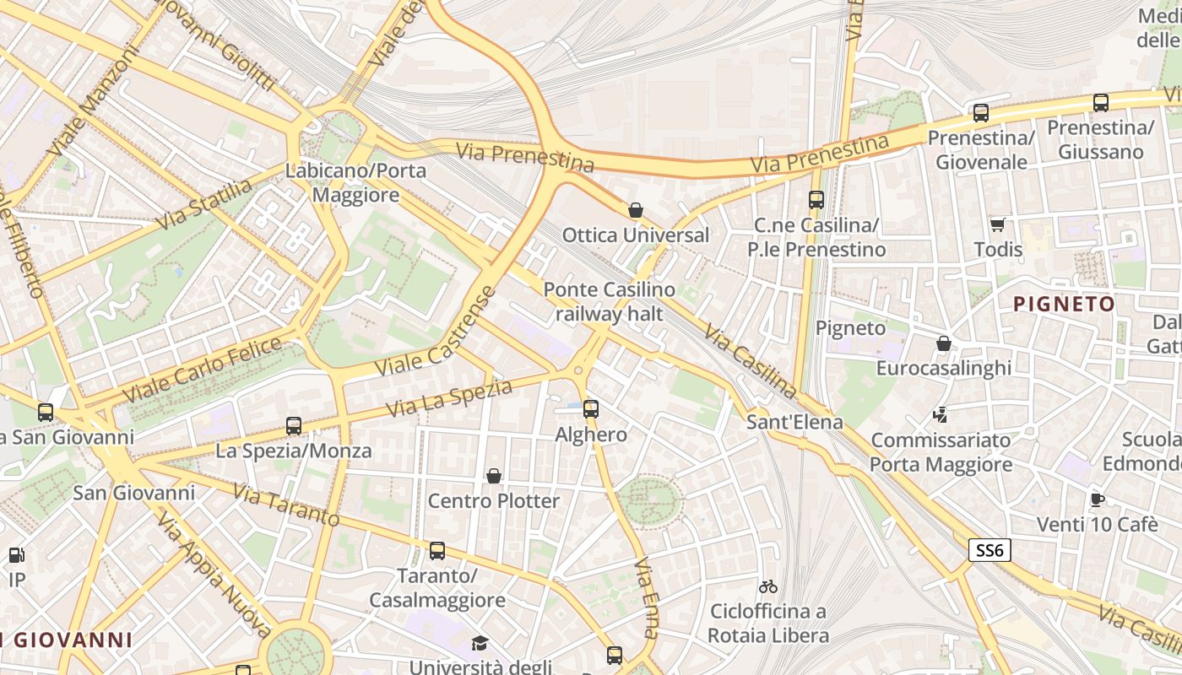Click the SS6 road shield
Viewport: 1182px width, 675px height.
click(990, 551)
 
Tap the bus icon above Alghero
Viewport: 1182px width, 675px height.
click(591, 409)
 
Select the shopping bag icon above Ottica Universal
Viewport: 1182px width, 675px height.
click(636, 210)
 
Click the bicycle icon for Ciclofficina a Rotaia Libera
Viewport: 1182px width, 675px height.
click(768, 586)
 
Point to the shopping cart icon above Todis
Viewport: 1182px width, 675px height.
click(998, 224)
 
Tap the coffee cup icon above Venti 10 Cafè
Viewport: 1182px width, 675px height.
click(1097, 499)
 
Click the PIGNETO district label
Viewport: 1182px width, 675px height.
click(1064, 304)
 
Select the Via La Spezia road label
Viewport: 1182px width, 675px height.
click(449, 398)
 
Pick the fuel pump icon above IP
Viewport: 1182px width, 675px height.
click(16, 555)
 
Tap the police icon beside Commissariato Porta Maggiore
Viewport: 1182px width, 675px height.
click(941, 414)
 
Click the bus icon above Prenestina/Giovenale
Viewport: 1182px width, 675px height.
click(980, 112)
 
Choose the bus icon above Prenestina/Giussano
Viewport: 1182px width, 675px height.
click(1101, 103)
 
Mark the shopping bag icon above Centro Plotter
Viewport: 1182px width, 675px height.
click(494, 476)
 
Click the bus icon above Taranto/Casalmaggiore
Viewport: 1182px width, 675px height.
click(436, 551)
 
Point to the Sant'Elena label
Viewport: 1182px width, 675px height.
click(794, 422)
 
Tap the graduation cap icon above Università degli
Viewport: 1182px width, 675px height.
click(480, 644)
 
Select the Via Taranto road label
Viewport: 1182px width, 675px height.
click(286, 505)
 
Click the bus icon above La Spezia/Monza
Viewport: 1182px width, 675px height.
click(294, 426)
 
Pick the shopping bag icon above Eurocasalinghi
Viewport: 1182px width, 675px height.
click(944, 343)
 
